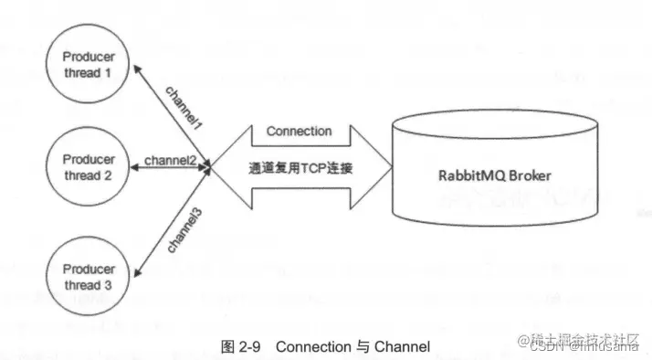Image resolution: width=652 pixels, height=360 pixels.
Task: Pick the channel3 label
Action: click(x=184, y=229)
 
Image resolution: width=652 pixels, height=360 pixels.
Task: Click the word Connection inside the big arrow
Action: click(x=299, y=131)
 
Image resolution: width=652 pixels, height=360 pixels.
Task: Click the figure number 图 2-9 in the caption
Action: click(x=242, y=346)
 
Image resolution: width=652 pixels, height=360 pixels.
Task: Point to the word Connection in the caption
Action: click(x=312, y=346)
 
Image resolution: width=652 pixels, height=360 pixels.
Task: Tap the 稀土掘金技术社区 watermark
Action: click(x=576, y=338)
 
